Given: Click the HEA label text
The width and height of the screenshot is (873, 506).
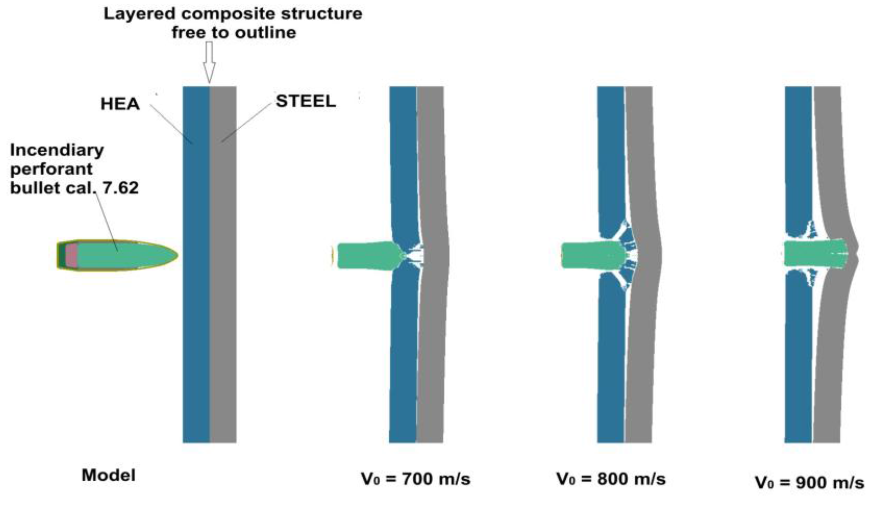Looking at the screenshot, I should (x=120, y=104).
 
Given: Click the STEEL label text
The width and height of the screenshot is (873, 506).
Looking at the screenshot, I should (x=306, y=101).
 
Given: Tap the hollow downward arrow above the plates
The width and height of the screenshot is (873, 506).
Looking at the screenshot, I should (x=209, y=62).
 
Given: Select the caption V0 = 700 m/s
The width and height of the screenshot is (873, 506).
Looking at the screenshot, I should (x=416, y=479).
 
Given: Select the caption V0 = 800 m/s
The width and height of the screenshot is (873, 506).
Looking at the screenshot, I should (x=611, y=479).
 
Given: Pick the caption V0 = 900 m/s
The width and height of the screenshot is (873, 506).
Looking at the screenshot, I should (x=810, y=482).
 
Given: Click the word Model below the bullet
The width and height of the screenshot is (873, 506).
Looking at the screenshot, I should (x=109, y=475).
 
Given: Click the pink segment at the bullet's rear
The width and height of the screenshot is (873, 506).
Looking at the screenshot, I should (x=71, y=255).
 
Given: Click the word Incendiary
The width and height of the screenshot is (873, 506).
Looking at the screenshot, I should (x=57, y=150).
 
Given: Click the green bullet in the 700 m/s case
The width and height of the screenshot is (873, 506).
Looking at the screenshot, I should (x=364, y=255).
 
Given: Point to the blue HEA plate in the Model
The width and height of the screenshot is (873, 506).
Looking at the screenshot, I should (x=196, y=312).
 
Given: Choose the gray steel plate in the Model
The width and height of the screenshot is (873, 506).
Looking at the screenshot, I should (x=223, y=312).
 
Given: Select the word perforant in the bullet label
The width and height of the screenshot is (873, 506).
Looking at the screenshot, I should (x=51, y=169).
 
